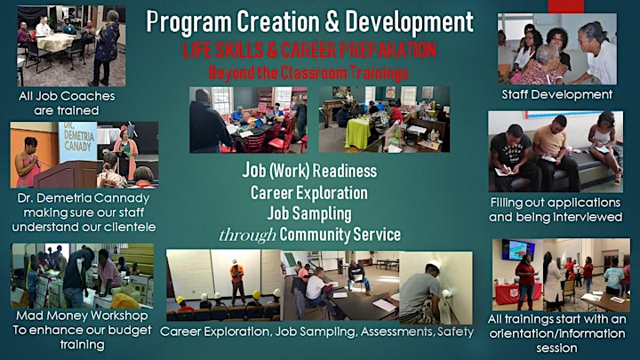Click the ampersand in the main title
pos(332,21)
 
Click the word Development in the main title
pos(410,23)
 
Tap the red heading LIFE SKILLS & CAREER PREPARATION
pos(309,50)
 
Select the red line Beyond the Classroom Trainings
pos(308,73)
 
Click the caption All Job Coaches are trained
pos(67,103)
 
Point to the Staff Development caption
pos(557,94)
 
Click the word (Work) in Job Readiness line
pos(289,171)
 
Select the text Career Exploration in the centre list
pos(309,193)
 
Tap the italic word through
pos(247,235)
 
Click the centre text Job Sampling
pos(309,213)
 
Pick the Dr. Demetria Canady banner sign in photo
pos(77,141)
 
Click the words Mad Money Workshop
pos(82,316)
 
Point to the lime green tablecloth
pos(357,132)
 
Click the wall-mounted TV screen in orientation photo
pos(518,250)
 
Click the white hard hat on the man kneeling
pos(434,265)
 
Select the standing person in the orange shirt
pos(236,282)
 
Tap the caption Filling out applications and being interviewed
pos(556,210)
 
